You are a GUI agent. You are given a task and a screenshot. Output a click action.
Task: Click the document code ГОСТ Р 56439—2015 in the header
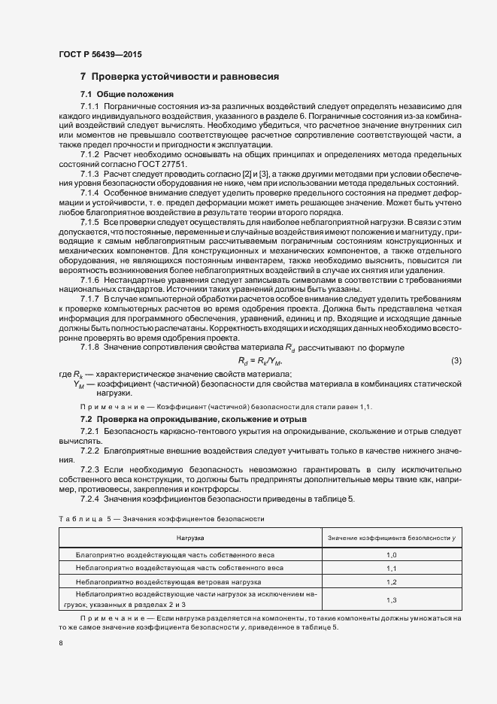(99, 55)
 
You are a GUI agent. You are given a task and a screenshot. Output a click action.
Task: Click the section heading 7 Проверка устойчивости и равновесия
(180, 77)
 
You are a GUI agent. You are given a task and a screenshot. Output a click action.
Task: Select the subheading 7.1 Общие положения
(127, 94)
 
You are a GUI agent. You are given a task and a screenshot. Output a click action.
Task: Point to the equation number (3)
(456, 360)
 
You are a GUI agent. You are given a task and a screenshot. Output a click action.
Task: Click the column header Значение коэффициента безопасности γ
(390, 539)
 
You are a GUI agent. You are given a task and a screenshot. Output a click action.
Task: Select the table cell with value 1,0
(390, 554)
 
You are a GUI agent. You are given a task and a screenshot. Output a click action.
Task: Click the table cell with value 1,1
(390, 568)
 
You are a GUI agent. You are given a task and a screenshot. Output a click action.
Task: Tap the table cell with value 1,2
(390, 582)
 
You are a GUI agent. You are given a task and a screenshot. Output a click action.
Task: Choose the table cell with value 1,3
(390, 599)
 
